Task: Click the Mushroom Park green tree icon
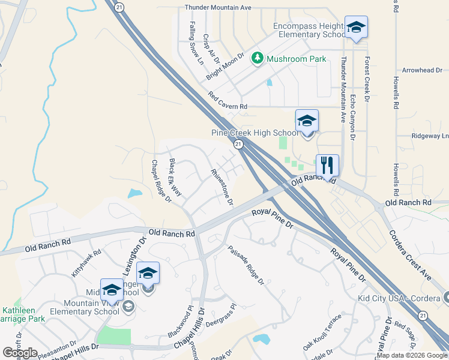tap(258, 58)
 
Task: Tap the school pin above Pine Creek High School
tap(307, 121)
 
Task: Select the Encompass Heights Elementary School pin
tap(356, 28)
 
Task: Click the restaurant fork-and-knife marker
tap(327, 165)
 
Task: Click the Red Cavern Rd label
tap(228, 100)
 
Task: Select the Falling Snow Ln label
tap(196, 43)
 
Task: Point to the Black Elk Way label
tap(175, 177)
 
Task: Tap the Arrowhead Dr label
tap(422, 70)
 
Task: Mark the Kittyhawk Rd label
tap(87, 263)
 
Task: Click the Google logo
tap(20, 353)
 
